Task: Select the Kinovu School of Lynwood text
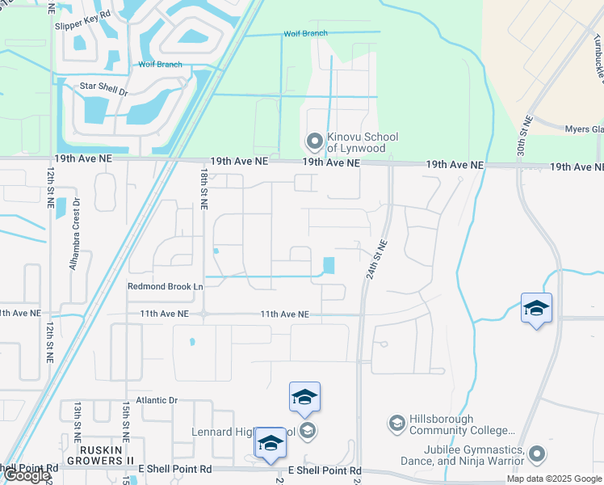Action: pyautogui.click(x=363, y=143)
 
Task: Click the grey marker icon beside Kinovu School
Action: pyautogui.click(x=314, y=142)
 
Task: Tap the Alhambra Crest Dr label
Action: pyautogui.click(x=75, y=234)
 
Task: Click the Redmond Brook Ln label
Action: pyautogui.click(x=165, y=286)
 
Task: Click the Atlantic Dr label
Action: pyautogui.click(x=156, y=400)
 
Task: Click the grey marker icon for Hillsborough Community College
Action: pyautogui.click(x=396, y=423)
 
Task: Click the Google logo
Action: pyautogui.click(x=26, y=476)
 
